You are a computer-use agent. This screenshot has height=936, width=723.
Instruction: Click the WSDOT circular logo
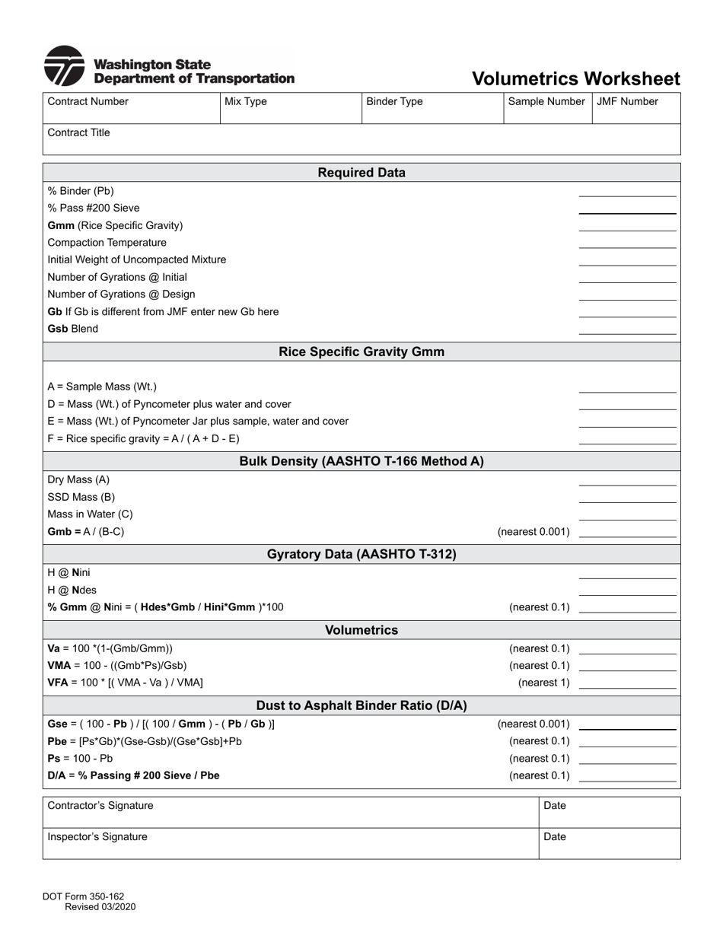64,66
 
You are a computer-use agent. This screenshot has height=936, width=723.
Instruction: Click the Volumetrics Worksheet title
575,79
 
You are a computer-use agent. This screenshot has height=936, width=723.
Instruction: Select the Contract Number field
130,109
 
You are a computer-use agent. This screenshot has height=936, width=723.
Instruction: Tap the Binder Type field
432,109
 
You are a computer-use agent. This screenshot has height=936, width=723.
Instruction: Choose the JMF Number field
635,109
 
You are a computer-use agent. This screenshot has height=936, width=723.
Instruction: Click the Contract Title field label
78,132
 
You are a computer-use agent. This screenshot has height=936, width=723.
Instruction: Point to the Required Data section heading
361,173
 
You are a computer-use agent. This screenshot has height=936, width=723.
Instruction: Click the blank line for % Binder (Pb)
627,191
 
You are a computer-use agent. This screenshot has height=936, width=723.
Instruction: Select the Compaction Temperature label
107,243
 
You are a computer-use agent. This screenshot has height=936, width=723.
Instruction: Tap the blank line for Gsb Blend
627,329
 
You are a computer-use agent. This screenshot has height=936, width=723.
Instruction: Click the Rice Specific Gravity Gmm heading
361,352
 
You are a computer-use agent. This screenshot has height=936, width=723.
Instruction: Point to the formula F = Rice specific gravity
143,438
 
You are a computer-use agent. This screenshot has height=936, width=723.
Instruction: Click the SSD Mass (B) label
81,497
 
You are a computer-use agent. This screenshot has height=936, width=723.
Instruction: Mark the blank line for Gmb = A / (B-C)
627,532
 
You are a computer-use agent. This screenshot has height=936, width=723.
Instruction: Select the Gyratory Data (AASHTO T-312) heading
361,554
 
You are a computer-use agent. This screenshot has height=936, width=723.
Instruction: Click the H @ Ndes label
72,590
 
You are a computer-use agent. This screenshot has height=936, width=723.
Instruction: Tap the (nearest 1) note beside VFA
543,683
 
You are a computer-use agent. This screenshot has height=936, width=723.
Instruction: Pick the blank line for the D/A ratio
627,775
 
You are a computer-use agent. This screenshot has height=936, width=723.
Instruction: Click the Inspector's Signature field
289,843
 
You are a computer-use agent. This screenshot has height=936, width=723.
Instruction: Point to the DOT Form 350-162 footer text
89,901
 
